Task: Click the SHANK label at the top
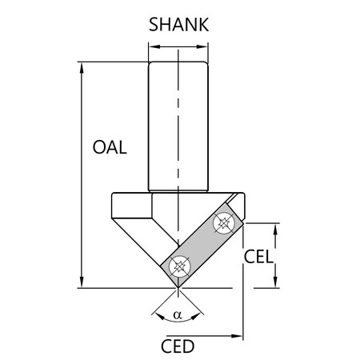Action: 179,24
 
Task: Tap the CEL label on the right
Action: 258,257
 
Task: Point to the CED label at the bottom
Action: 178,346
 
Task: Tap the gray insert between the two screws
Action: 202,246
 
